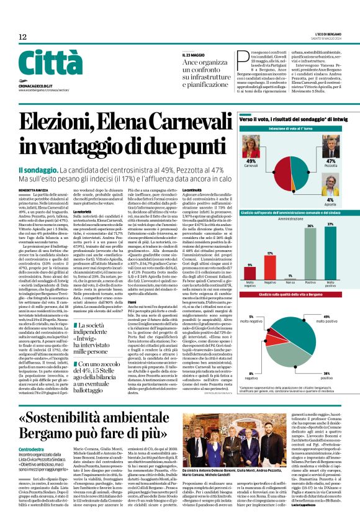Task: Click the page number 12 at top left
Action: [x=22, y=37]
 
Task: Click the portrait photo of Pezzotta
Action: [x=330, y=145]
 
